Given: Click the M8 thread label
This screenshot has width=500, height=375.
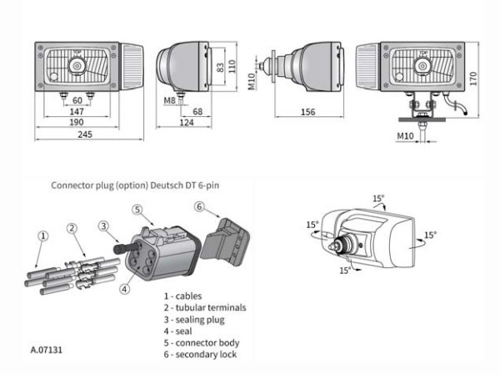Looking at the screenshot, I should point(169,99).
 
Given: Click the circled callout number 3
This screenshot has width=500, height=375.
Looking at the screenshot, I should point(103,225).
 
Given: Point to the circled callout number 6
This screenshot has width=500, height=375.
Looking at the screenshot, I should point(199,205).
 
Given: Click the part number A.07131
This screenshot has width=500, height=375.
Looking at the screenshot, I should point(46,350).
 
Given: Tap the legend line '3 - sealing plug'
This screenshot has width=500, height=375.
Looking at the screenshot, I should point(194,319).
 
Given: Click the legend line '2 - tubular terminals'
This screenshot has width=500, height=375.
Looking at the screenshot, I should point(205,307).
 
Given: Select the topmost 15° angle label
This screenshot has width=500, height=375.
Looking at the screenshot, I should point(378,199).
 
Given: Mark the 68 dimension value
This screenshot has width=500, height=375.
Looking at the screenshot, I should point(197,111).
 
